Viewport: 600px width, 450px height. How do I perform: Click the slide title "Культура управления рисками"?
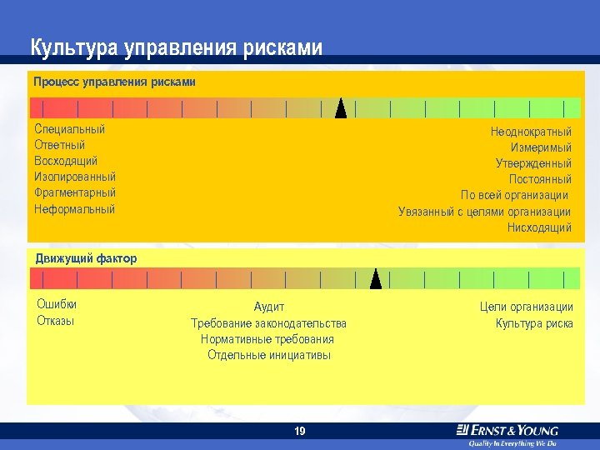(176, 47)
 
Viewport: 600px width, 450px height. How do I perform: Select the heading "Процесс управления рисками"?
(114, 82)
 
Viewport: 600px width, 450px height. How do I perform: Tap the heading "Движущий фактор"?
(86, 258)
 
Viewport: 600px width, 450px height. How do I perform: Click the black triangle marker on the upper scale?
(340, 109)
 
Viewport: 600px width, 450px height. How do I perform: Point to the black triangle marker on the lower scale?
(376, 279)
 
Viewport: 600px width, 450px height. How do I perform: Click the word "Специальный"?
(70, 129)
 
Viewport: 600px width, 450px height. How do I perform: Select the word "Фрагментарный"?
(75, 192)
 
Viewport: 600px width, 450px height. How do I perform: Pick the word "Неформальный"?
(74, 209)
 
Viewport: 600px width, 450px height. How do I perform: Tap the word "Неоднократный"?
(531, 132)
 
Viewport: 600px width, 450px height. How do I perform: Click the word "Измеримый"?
(541, 147)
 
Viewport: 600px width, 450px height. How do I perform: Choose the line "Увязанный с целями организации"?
(484, 212)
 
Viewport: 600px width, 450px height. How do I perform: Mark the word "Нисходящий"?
(539, 227)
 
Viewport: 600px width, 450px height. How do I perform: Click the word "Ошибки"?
(57, 304)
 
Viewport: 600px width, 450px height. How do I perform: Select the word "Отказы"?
(56, 321)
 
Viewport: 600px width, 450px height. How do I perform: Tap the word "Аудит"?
(268, 307)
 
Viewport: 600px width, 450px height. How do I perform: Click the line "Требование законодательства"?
(268, 323)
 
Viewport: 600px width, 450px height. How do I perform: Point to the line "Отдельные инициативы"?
(268, 355)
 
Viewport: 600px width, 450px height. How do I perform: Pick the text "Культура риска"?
(534, 323)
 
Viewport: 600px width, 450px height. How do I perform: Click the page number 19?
(300, 431)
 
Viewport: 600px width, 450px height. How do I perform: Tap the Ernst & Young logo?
(507, 432)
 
